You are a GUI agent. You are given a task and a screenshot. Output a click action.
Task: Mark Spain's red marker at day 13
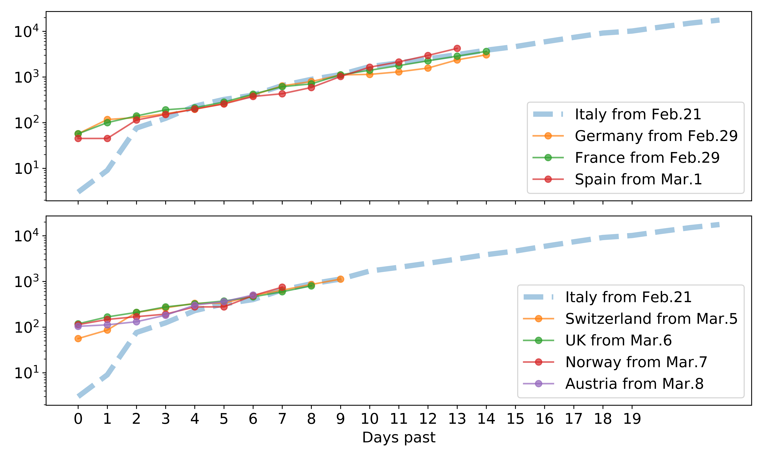click(x=457, y=48)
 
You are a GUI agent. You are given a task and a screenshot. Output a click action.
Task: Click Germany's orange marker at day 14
click(x=486, y=55)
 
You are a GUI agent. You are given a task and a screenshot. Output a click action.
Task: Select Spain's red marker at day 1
click(x=107, y=139)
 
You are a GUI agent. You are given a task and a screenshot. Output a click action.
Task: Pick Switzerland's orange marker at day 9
click(x=340, y=279)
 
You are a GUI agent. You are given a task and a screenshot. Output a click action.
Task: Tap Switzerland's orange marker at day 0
click(x=78, y=339)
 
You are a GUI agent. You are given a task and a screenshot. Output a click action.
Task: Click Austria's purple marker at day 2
click(x=136, y=322)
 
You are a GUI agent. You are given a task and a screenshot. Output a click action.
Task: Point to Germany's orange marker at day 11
click(x=399, y=72)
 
